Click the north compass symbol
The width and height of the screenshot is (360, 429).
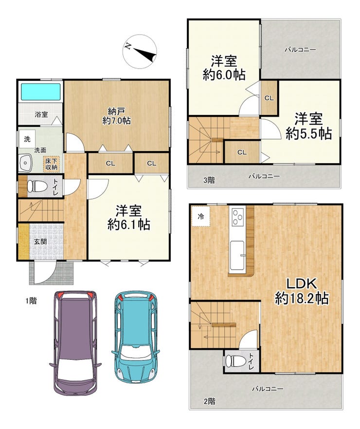(140, 51)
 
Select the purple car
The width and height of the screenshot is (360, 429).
(75, 343)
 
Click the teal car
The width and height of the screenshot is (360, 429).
(136, 337)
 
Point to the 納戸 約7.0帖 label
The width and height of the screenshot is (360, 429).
(116, 116)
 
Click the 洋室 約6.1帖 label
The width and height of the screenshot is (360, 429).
(128, 218)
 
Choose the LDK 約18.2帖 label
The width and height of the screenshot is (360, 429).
(302, 291)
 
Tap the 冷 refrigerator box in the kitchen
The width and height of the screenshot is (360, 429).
(201, 216)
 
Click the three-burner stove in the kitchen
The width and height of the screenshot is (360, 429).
(237, 217)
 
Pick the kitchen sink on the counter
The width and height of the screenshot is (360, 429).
(237, 255)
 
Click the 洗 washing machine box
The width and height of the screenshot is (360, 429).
(27, 139)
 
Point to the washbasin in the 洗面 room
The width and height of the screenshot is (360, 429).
(25, 163)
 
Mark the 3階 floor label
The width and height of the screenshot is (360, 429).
(209, 180)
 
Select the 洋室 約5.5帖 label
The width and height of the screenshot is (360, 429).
(308, 126)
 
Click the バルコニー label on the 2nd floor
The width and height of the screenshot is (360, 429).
(268, 388)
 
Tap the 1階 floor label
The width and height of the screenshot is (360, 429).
(31, 300)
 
